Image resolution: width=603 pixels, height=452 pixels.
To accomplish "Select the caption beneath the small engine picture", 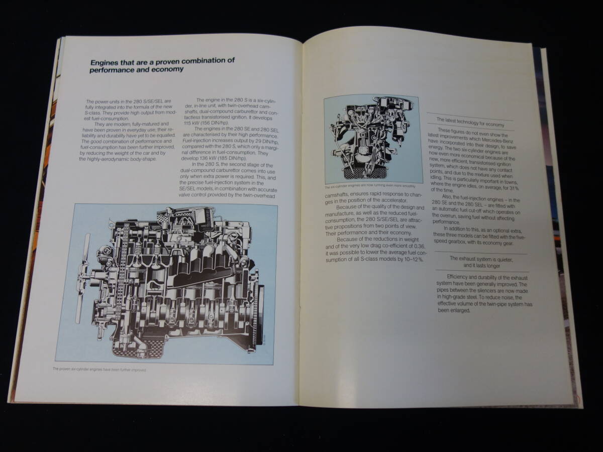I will coord(369,187).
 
